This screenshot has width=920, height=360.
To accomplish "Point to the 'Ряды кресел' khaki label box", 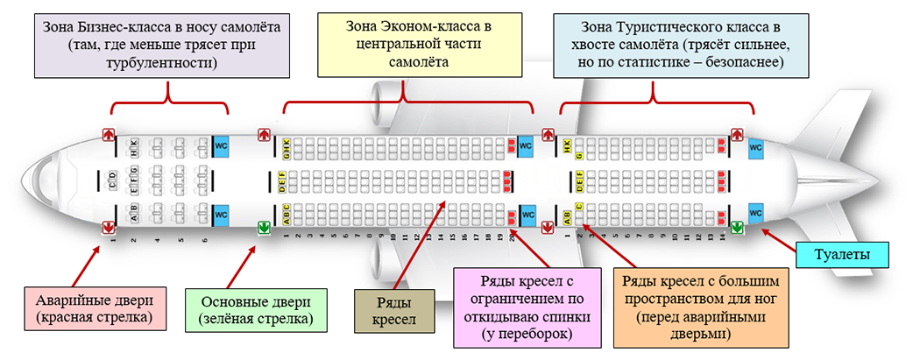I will coord(396,309).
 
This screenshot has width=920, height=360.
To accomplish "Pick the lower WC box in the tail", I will coord(756,212).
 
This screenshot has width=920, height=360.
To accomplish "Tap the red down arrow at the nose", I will coord(109,227).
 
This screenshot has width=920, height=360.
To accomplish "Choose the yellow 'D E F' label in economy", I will coord(283,181).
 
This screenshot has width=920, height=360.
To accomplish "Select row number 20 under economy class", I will coord(512,236).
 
